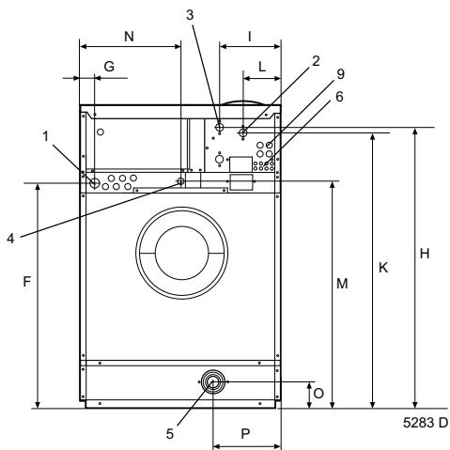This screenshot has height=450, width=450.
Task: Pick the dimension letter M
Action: pos(343,284)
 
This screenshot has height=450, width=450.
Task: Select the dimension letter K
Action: pos(384,267)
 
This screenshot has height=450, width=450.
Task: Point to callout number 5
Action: pos(169,434)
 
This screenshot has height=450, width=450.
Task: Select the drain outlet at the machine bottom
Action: pos(213,382)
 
